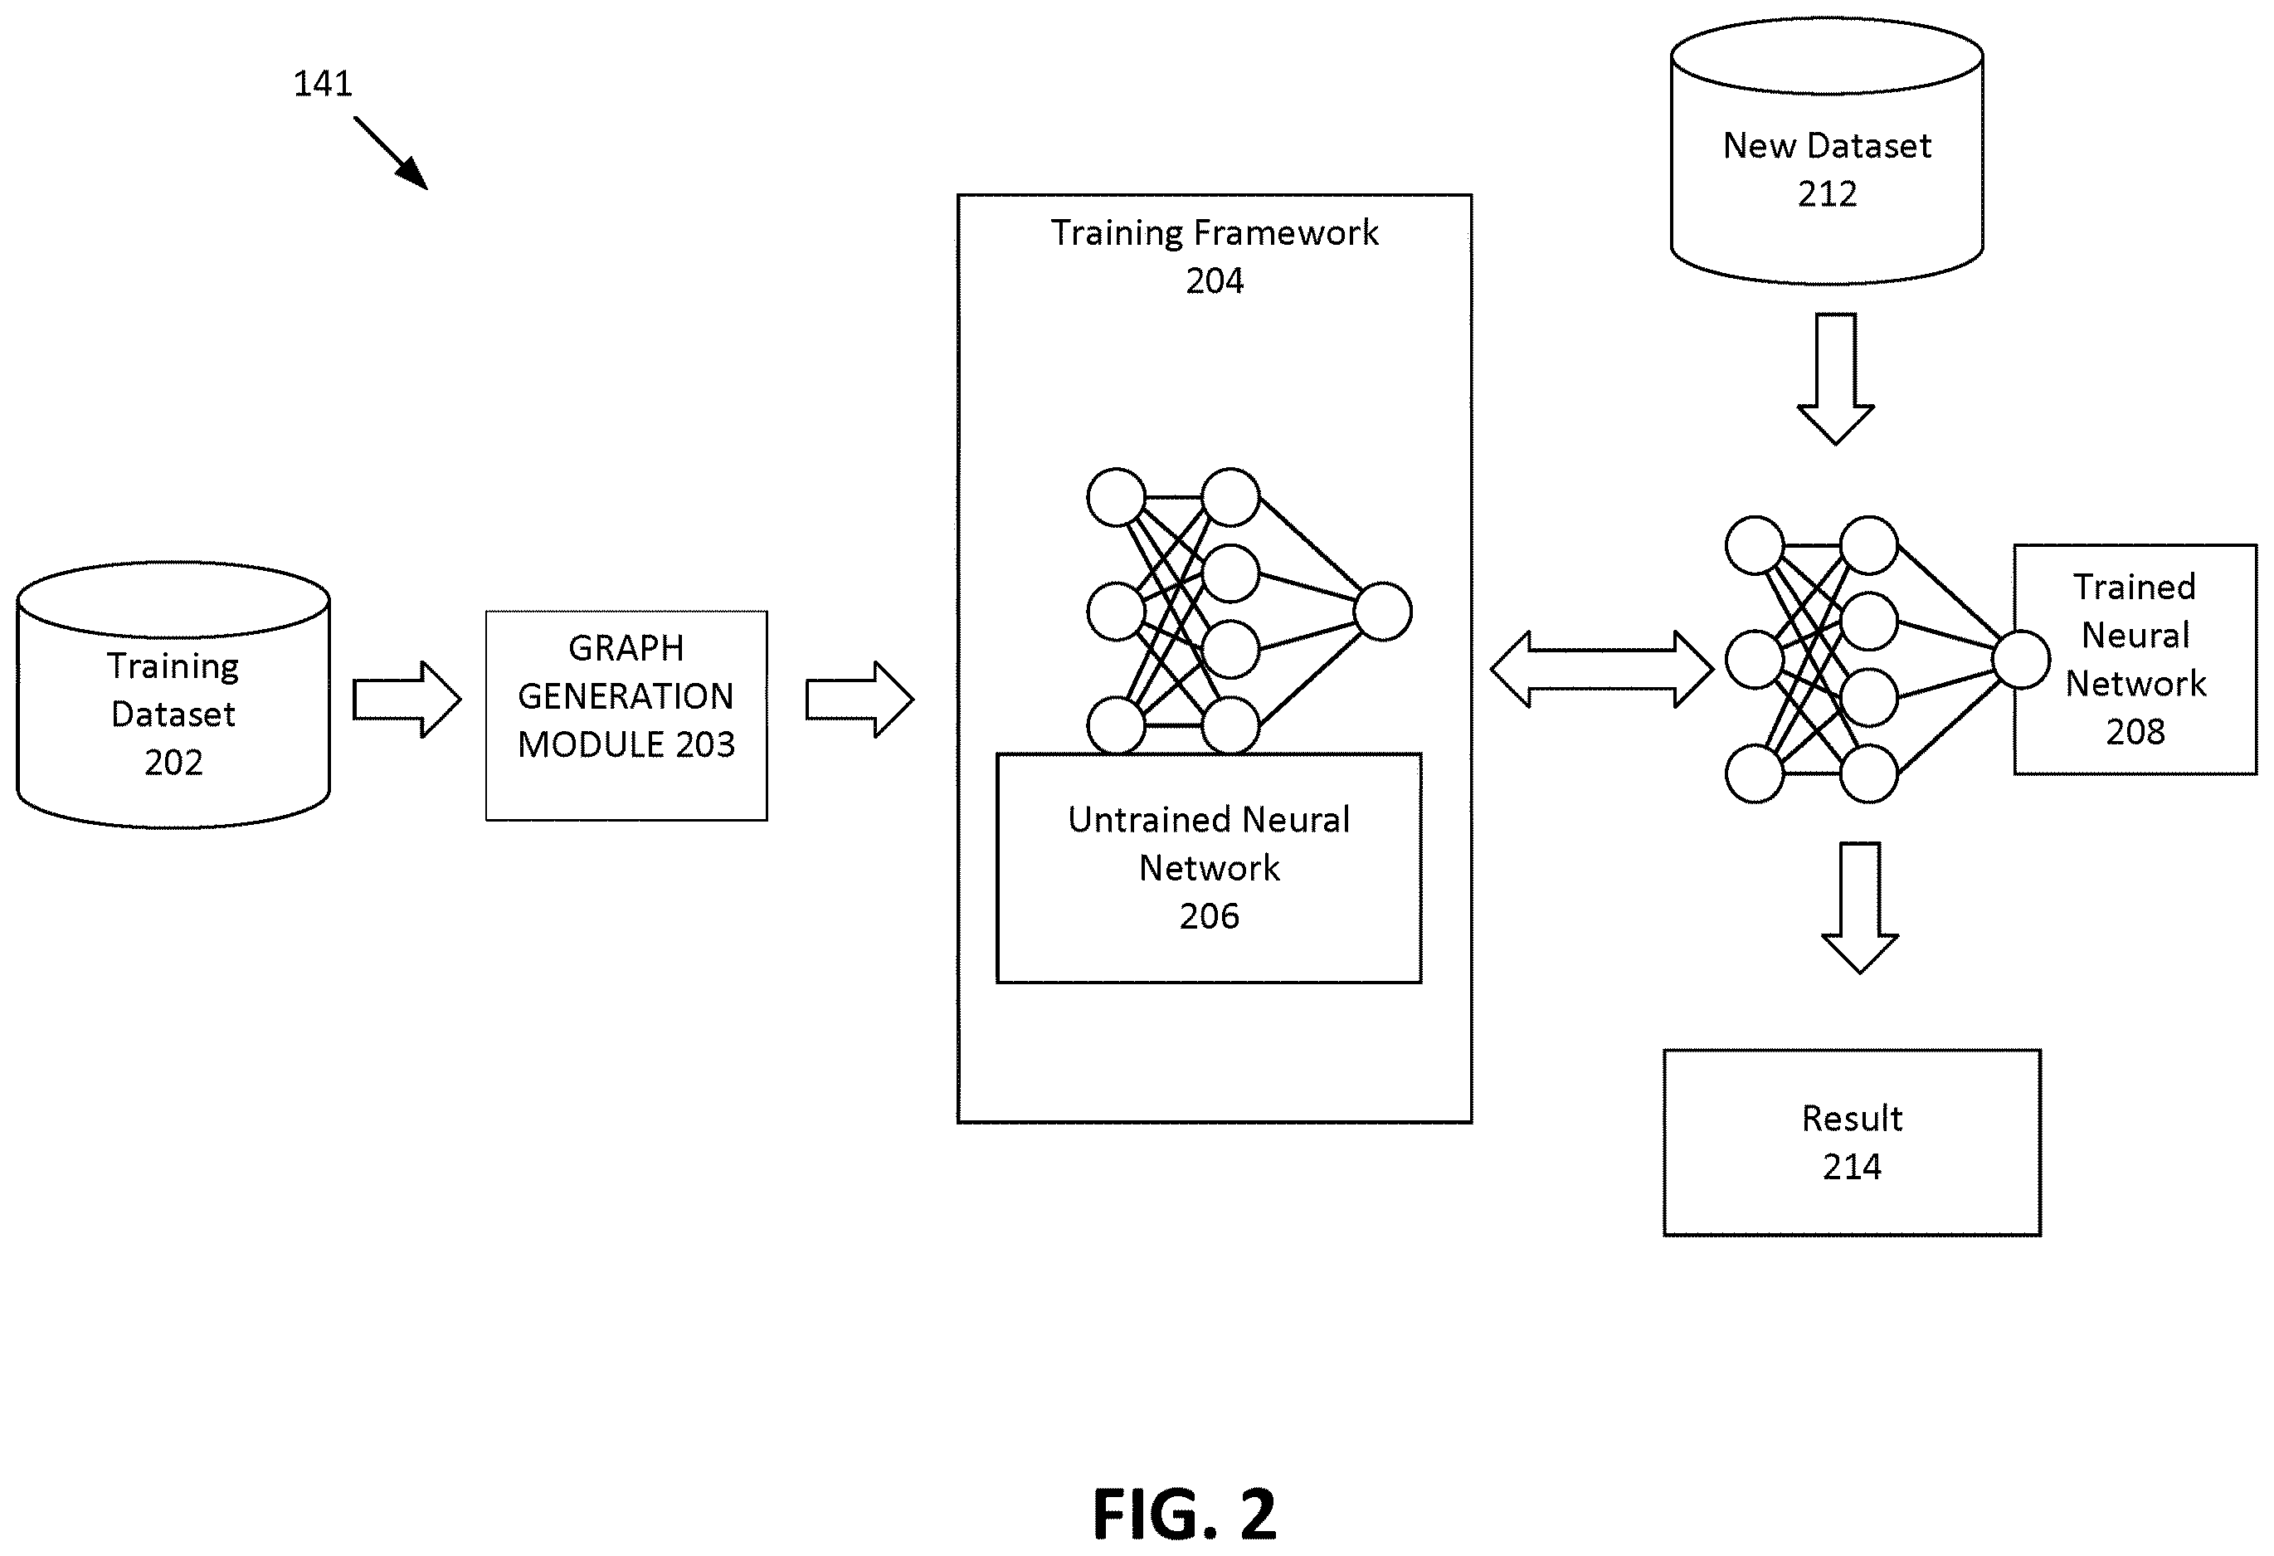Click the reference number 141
coord(323,83)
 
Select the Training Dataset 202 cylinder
coord(173,695)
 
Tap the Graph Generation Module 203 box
coord(626,715)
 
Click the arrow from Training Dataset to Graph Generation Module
coord(406,700)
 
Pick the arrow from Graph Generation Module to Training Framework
coord(859,700)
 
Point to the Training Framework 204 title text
coord(1215,256)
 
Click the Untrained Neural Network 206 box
coord(1210,868)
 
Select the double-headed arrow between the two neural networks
coord(1602,670)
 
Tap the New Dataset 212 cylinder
coord(1827,152)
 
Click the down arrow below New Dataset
coord(1836,378)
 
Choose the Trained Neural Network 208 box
coord(2135,660)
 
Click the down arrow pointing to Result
coord(1860,907)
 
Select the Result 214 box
coord(1853,1143)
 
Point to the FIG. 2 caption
coord(1184,1514)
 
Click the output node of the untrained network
coord(1383,612)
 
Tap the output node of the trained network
coord(2022,660)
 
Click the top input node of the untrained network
coord(1117,497)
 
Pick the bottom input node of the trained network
coord(1755,774)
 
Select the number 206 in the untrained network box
coord(1210,916)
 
